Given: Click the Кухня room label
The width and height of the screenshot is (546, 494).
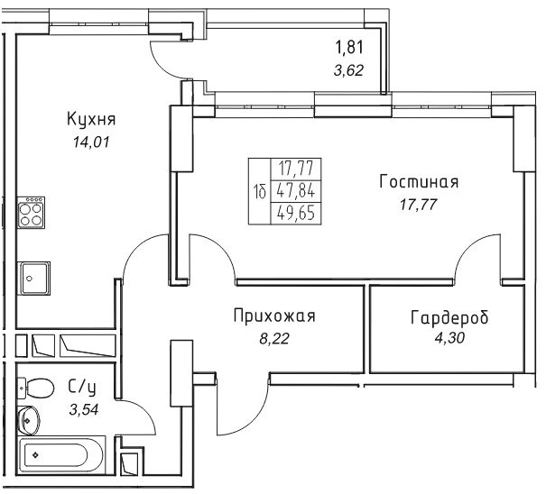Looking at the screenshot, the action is [91, 119].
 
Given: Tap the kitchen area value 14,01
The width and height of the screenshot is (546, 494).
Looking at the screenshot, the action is [91, 142].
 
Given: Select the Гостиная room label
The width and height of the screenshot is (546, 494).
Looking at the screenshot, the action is [419, 181].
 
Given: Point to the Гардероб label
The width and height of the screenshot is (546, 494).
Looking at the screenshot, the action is [449, 317].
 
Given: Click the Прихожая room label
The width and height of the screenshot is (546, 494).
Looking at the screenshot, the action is [274, 316].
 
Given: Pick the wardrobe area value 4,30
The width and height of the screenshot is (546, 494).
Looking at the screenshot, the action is [449, 338].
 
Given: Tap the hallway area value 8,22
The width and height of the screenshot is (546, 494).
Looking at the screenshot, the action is [274, 338].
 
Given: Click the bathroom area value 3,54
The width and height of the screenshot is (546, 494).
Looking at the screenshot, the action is [84, 409].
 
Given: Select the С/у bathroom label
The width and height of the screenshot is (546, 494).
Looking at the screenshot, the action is [82, 388].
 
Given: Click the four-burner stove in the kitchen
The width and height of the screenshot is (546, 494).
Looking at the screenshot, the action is [32, 212].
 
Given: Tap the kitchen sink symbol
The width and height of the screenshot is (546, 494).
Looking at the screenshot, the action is [35, 278].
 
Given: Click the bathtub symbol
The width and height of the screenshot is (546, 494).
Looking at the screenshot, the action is [61, 454].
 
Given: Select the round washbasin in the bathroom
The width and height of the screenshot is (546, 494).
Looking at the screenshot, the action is [29, 420].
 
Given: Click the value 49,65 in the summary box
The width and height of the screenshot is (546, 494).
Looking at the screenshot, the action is [296, 213].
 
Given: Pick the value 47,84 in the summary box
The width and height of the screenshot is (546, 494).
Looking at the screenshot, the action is [296, 191].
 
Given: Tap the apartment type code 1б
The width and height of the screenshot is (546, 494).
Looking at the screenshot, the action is [260, 191].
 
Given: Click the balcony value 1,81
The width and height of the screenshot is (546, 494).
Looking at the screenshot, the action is [349, 47].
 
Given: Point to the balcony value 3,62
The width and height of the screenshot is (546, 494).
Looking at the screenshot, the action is [348, 70].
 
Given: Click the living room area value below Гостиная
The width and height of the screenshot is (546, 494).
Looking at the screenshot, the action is [418, 205].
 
